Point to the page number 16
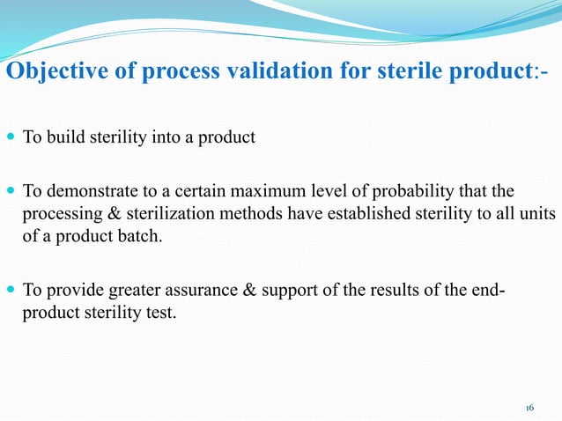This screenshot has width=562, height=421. (529, 408)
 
